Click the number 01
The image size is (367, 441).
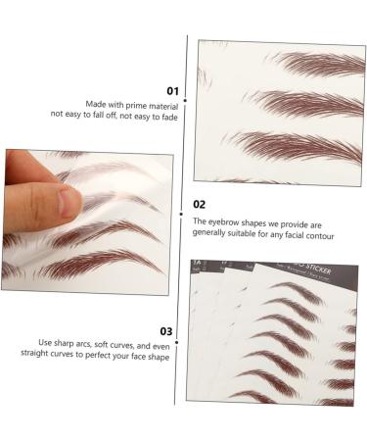[x=172, y=90]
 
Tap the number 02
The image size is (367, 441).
[x=200, y=205]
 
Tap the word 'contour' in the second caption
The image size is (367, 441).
[x=317, y=236]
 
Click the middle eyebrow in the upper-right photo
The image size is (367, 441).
[x=308, y=103]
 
